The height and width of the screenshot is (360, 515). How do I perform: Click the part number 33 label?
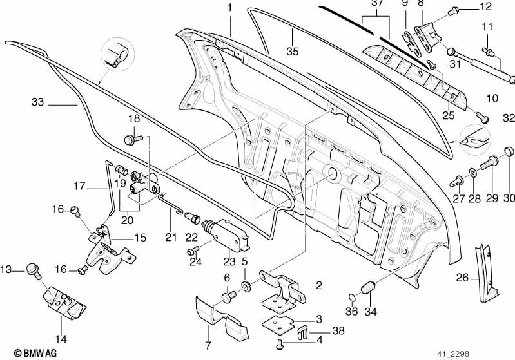tap(37, 102)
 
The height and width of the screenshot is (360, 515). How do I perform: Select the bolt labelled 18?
tap(133, 139)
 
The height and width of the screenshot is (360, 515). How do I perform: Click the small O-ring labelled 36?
tap(351, 298)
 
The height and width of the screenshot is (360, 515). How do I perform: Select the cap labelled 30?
tap(509, 151)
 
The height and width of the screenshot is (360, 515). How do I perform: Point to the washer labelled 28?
tap(472, 173)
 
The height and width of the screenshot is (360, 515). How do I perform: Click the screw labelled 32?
tap(482, 117)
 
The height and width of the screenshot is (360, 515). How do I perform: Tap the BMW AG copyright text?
tap(35, 353)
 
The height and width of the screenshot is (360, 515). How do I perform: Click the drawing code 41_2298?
tap(453, 354)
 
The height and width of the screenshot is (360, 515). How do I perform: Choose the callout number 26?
tap(462, 278)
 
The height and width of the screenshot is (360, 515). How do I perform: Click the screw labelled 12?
tap(453, 12)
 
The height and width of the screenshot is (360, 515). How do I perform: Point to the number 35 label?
tap(293, 51)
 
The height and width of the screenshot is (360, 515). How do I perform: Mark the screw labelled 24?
tap(193, 251)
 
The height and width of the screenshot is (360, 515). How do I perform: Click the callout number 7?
tap(208, 345)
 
